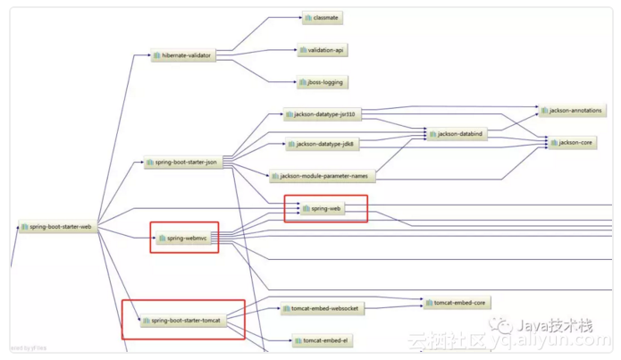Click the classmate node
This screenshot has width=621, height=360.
(x=322, y=18)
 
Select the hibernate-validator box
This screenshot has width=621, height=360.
(x=182, y=55)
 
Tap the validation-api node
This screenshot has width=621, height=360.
(x=322, y=50)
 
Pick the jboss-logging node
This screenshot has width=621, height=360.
(x=322, y=82)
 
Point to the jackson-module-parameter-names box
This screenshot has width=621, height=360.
(x=322, y=176)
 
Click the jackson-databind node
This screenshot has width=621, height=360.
(x=457, y=134)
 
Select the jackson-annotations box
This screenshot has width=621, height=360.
(x=572, y=111)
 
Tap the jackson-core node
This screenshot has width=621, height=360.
(x=572, y=143)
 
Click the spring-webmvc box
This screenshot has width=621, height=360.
(x=184, y=239)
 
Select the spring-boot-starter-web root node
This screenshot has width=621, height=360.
(x=56, y=227)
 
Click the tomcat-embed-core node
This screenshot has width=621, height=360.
(x=457, y=304)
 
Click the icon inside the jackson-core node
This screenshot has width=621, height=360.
(x=555, y=143)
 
